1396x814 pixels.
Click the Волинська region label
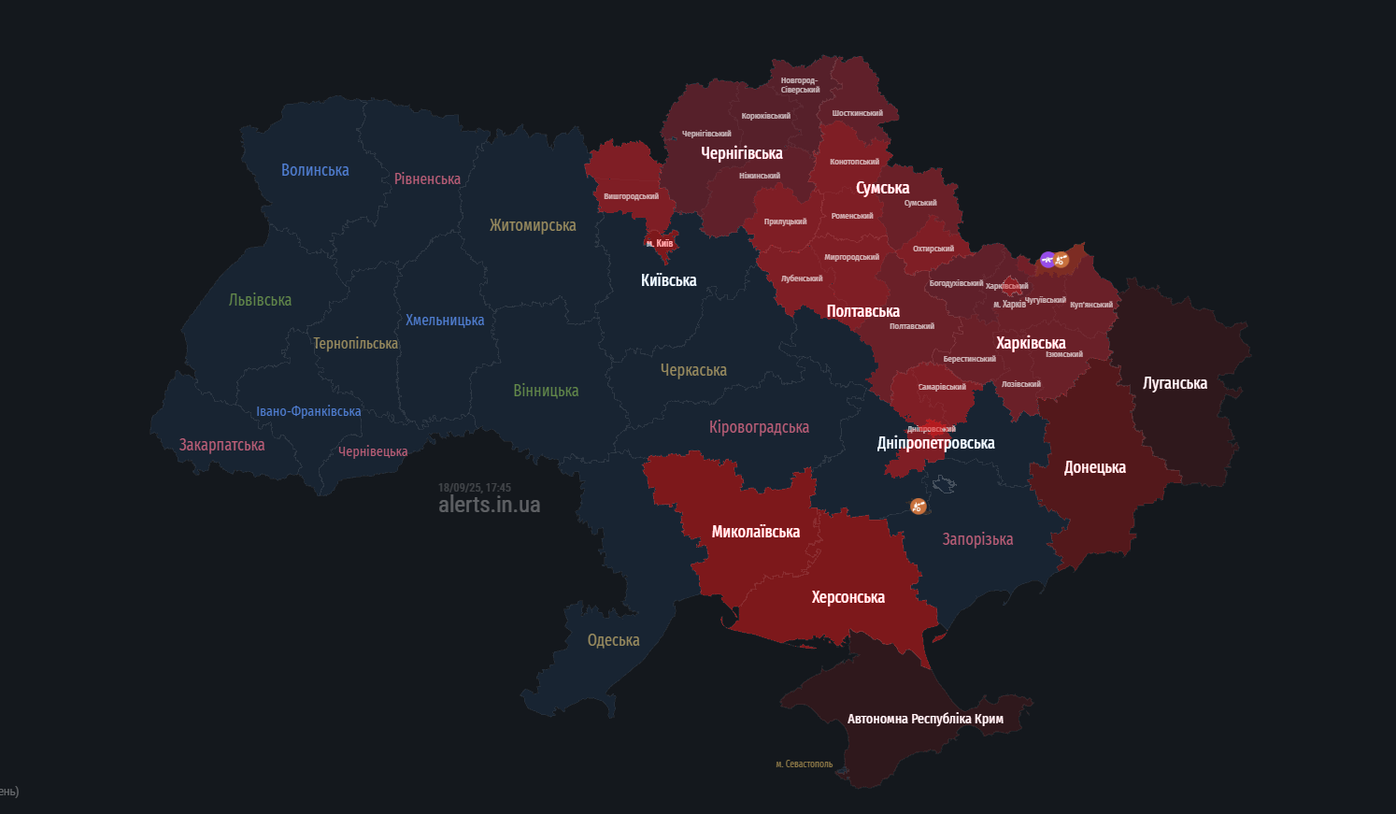(x=315, y=170)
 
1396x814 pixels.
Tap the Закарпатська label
(x=221, y=445)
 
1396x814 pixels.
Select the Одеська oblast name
(x=613, y=640)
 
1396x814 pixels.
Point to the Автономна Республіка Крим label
(x=924, y=719)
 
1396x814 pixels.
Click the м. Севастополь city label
(x=804, y=764)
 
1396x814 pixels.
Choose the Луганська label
(x=1175, y=383)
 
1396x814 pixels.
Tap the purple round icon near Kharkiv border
(x=1047, y=259)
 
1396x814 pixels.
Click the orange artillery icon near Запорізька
(x=918, y=507)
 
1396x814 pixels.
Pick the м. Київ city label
(x=660, y=243)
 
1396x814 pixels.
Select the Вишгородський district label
(x=631, y=196)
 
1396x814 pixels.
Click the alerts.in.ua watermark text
(x=489, y=505)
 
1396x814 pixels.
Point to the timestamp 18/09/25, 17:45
(x=475, y=488)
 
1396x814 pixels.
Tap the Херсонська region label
(x=848, y=597)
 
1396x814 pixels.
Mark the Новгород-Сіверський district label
(x=800, y=85)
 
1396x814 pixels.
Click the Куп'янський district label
(x=1090, y=305)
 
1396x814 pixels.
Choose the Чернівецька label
(x=373, y=451)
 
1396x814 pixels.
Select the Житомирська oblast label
(x=533, y=225)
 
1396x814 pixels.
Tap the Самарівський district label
(x=942, y=387)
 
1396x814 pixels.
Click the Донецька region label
(x=1094, y=467)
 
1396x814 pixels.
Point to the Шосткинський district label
(x=857, y=113)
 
